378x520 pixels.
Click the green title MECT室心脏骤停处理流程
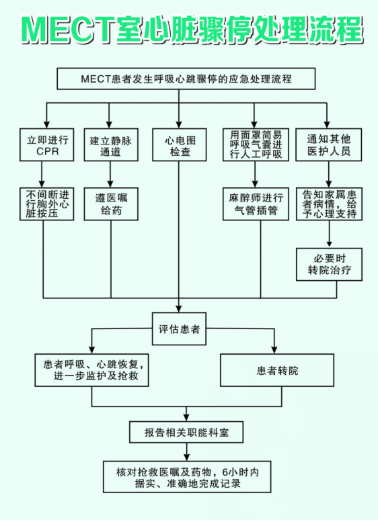coord(192,30)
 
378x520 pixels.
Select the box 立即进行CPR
coord(47,145)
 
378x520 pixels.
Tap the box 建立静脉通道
coord(111,145)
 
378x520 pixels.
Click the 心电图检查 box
coord(179,145)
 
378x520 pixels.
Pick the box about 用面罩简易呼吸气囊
coord(256,145)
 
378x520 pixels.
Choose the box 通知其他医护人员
coord(328,145)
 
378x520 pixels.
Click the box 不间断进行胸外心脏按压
coord(47,204)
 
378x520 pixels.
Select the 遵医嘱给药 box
coord(111,204)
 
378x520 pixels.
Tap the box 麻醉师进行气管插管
coord(256,204)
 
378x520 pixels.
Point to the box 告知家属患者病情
coord(329,204)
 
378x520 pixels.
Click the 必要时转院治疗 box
coord(329,264)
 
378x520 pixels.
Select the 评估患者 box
coord(179,329)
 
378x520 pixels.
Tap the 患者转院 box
coord(277,370)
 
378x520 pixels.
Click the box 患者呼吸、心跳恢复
coord(91,370)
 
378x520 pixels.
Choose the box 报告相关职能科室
coord(186,432)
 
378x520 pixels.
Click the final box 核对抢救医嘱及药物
coord(187,476)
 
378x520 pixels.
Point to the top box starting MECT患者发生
coord(186,79)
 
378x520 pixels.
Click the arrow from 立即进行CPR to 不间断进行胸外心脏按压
coord(42,175)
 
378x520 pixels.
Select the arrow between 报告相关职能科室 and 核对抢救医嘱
coord(186,451)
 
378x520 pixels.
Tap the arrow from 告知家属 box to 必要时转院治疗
coord(329,234)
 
